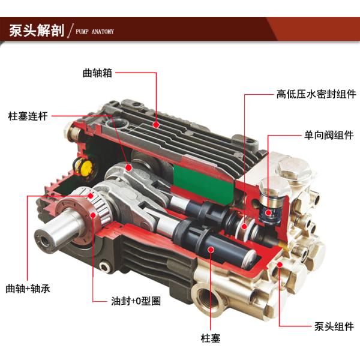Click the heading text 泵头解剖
(x=35, y=31)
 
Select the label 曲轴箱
(x=97, y=73)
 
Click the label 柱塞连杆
(x=28, y=115)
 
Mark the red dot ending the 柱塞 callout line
(x=211, y=248)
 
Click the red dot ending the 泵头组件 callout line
(x=281, y=264)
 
